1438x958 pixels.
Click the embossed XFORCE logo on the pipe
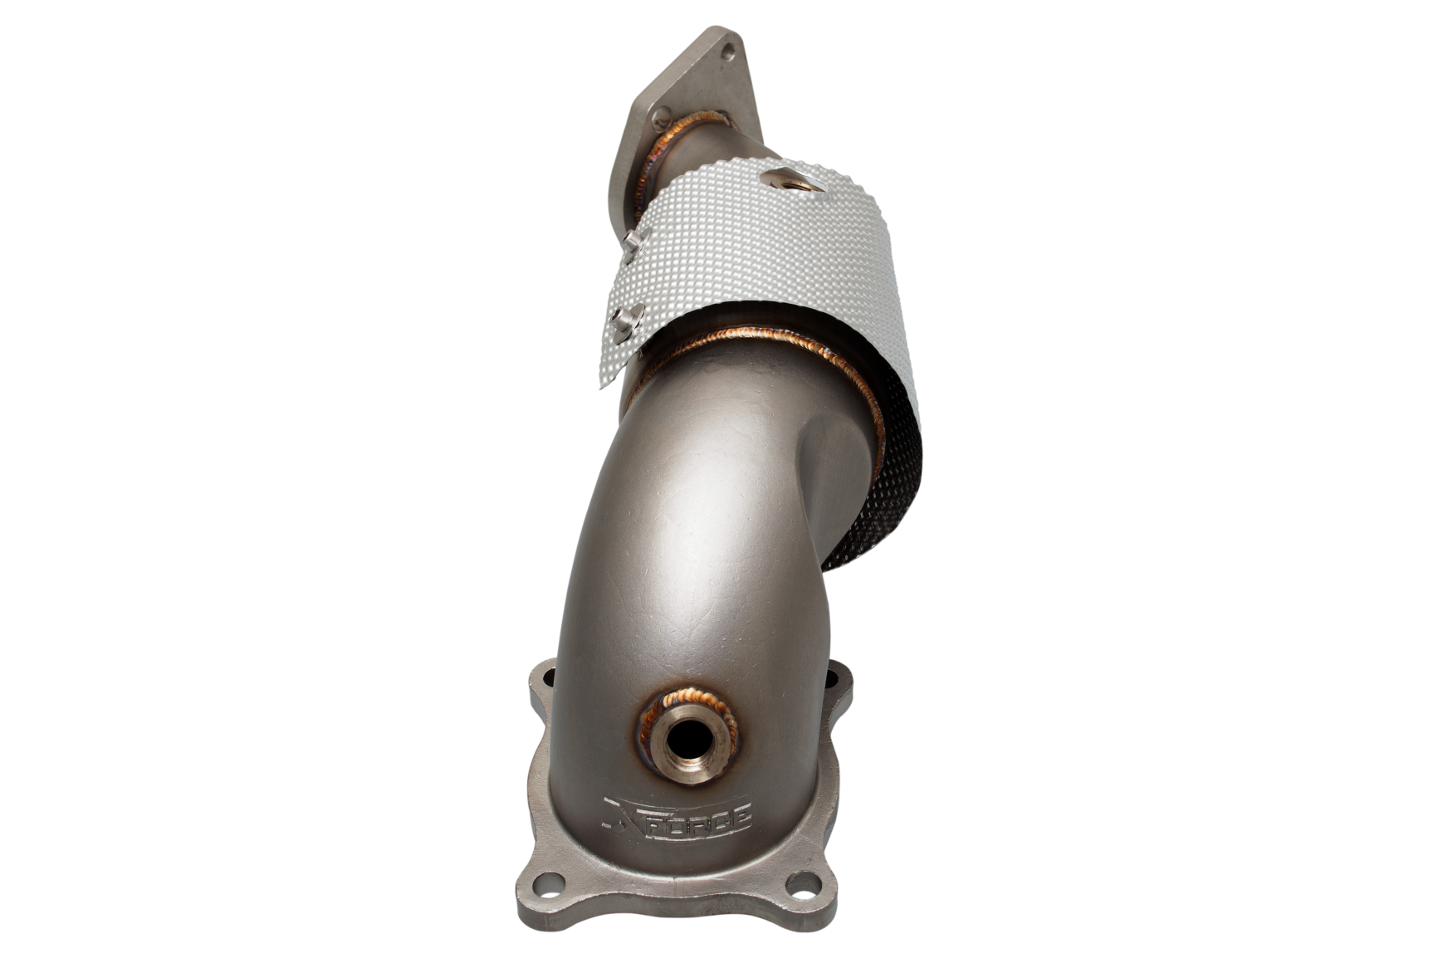pos(677,815)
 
